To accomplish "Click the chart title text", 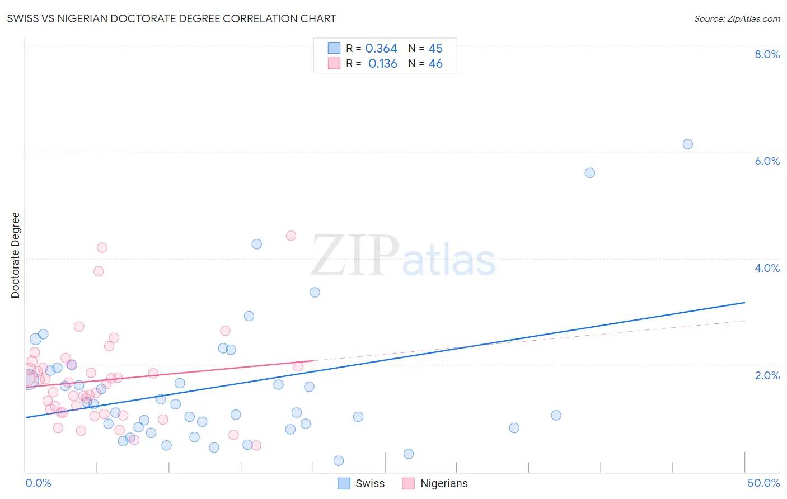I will [x=171, y=18].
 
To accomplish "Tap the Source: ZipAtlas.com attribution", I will [x=737, y=18].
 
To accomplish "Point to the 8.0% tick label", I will [x=767, y=54].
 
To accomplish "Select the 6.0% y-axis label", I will [x=767, y=161].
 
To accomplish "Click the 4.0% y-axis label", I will [x=767, y=268].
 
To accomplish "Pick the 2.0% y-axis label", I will [x=767, y=375].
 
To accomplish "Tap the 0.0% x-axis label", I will [x=38, y=483].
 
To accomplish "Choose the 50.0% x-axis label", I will [x=763, y=483].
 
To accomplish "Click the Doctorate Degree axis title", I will [x=15, y=255].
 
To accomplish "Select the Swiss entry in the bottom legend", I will [x=369, y=483].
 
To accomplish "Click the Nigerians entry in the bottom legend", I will [x=443, y=483].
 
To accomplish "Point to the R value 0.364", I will [x=381, y=49].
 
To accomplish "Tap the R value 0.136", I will [x=382, y=64].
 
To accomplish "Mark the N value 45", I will [x=435, y=49].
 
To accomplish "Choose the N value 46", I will [x=435, y=64].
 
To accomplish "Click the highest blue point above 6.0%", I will [x=687, y=144].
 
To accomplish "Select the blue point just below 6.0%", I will [x=589, y=173].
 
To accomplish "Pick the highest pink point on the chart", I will [x=291, y=236].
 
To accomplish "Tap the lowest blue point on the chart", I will [x=338, y=461].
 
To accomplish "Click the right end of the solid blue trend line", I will [x=744, y=303].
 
